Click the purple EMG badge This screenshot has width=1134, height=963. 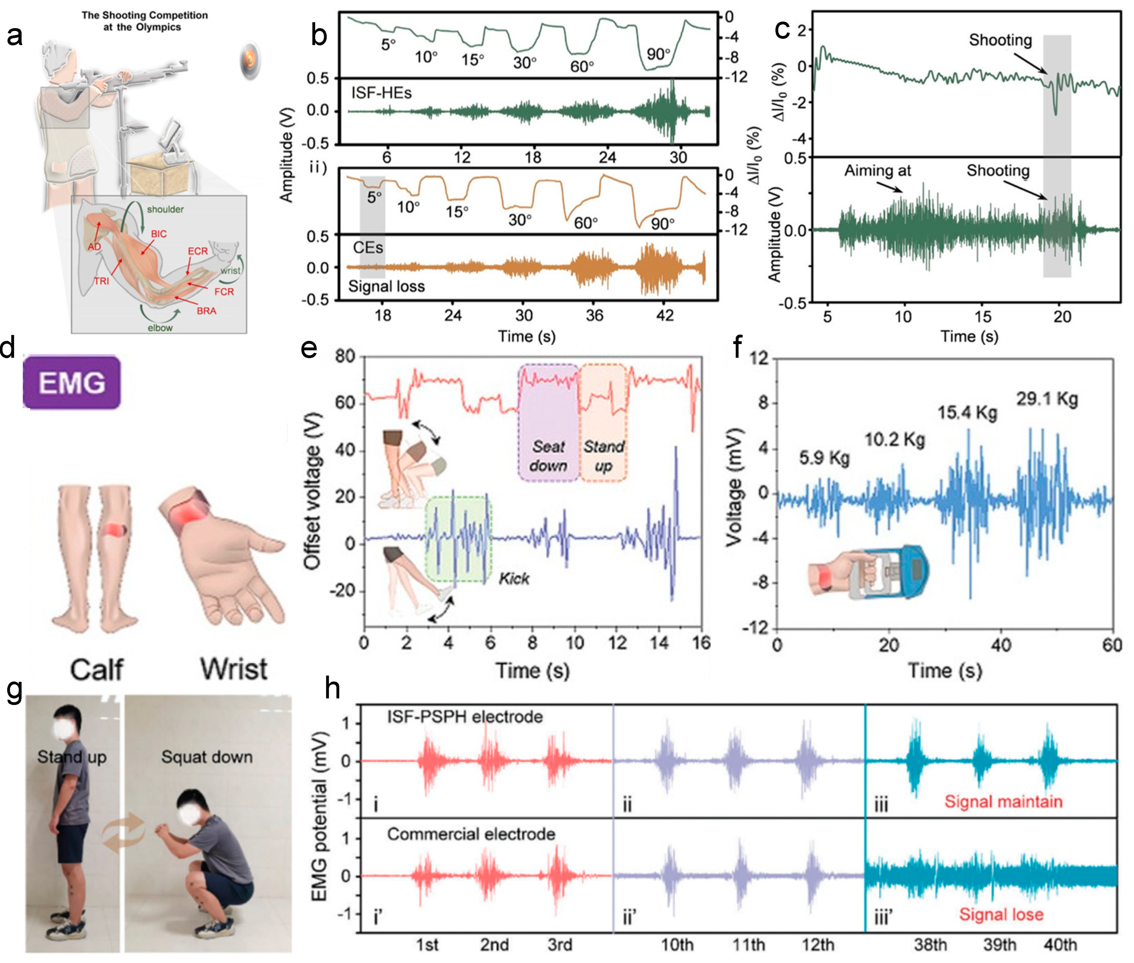coord(72,382)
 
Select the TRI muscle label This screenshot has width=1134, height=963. coord(101,281)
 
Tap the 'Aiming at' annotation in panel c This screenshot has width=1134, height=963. coord(878,171)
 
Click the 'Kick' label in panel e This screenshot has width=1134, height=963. coord(513,579)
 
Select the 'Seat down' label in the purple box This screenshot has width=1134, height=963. coord(548,456)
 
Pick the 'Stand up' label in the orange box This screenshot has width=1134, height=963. coord(603,456)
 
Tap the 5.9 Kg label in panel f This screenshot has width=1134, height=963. coord(824,457)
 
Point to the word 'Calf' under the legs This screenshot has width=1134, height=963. coord(97,669)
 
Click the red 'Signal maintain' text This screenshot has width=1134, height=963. coord(1003,801)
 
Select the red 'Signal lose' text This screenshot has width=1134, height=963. coord(1001,914)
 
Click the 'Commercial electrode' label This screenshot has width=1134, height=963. coord(471,834)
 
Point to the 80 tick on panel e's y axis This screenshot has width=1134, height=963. coord(345,357)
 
